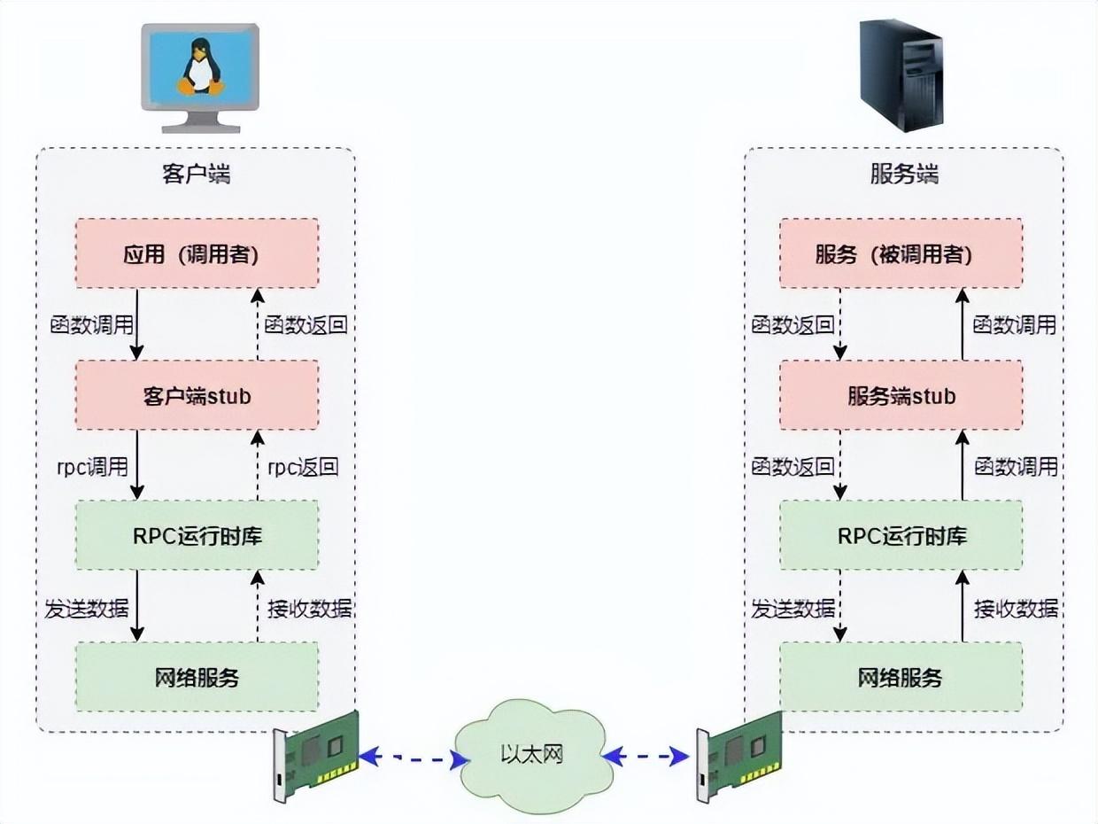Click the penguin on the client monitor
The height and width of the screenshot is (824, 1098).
[x=201, y=69]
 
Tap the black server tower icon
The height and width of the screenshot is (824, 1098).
[x=901, y=74]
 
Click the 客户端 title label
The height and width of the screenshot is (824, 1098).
[x=196, y=175]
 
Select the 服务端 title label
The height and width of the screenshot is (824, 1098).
[x=903, y=175]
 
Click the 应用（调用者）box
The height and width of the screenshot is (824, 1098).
[x=197, y=254]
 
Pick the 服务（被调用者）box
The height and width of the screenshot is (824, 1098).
[x=901, y=254]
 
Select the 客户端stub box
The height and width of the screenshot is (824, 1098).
[x=197, y=395]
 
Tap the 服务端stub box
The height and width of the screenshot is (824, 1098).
[x=901, y=395]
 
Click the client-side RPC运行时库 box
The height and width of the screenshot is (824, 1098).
[x=197, y=536]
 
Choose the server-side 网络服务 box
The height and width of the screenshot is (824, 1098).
[x=901, y=678]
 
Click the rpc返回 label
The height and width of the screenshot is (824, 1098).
[x=303, y=466]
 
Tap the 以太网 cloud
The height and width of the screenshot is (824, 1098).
[x=530, y=755]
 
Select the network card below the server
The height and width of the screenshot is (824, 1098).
[x=739, y=756]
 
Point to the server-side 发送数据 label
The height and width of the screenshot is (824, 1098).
[x=793, y=609]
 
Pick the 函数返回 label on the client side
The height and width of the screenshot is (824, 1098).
[x=305, y=324]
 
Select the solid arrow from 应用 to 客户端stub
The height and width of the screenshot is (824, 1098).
[x=137, y=323]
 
